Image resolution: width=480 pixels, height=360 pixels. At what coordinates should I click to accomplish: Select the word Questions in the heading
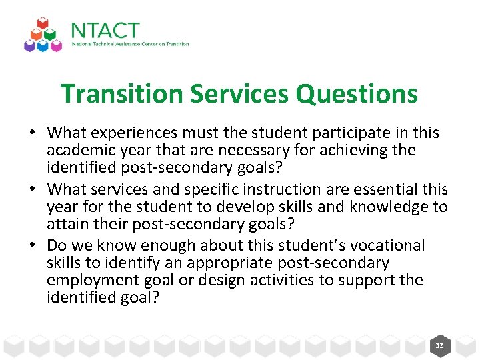pyautogui.click(x=357, y=94)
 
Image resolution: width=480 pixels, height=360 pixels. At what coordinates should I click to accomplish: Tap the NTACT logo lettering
pyautogui.click(x=105, y=31)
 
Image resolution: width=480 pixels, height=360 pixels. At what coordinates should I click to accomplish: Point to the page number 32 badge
pyautogui.click(x=439, y=345)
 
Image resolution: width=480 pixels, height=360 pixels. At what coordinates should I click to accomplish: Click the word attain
pyautogui.click(x=65, y=224)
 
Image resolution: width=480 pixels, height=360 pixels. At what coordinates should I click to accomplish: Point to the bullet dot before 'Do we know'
pyautogui.click(x=31, y=246)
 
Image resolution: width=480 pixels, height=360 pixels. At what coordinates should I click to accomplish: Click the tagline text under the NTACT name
pyautogui.click(x=130, y=45)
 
